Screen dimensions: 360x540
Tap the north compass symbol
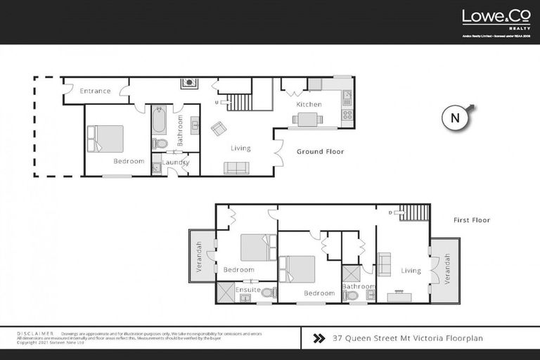(x=456, y=118)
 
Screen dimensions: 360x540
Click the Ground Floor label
(x=320, y=151)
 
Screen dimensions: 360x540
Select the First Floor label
(x=471, y=220)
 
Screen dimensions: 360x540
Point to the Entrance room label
(x=95, y=91)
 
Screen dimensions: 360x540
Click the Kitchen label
(x=309, y=104)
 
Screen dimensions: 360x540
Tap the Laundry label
(x=175, y=162)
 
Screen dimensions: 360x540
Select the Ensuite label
(x=248, y=289)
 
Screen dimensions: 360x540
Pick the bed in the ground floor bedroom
(x=105, y=139)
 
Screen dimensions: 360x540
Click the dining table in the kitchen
(x=308, y=119)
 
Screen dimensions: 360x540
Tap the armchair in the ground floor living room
(x=219, y=128)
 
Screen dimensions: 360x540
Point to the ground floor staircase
(x=241, y=100)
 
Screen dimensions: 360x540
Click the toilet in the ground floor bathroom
(x=160, y=143)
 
